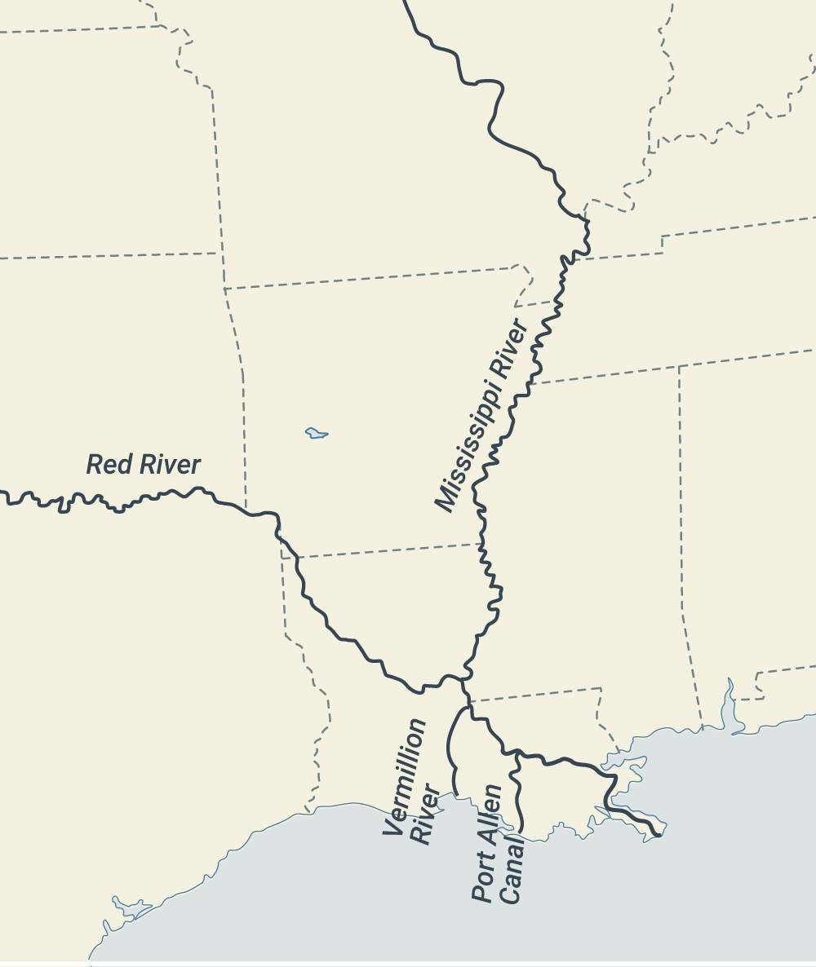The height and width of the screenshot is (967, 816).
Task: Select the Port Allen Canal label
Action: point(499,843)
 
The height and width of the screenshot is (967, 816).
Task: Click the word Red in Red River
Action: point(104,465)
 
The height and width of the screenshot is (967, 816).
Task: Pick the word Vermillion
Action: point(404,777)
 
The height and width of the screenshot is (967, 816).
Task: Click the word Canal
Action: point(512,869)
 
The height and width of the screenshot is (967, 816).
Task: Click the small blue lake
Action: point(317,433)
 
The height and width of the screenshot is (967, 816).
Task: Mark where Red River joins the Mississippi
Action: point(464,678)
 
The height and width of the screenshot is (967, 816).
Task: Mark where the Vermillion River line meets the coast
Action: point(457,796)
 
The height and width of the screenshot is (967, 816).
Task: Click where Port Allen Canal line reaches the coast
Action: point(521,831)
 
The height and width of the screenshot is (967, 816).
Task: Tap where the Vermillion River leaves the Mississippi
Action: point(468,707)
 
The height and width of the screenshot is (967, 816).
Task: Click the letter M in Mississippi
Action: point(446,499)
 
